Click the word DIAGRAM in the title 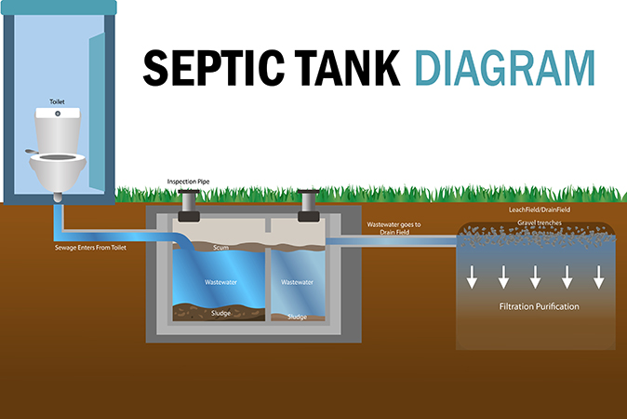coord(505,68)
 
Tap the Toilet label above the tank coord(57,101)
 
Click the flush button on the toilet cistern coord(58,114)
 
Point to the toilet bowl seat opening coord(58,157)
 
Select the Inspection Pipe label coord(188,182)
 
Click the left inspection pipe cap coord(189,192)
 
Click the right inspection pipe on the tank coord(308,205)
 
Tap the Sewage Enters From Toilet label coord(90,248)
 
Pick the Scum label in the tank coord(220,248)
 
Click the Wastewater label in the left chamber coord(220,282)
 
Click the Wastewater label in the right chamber coord(297,282)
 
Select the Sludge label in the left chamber coord(220,313)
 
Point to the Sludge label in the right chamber coord(297,317)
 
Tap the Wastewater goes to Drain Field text coord(394,228)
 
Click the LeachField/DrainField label coord(540,209)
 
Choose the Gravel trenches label coord(540,223)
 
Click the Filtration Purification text coord(539,306)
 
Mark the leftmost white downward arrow coord(472,277)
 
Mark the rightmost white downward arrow coord(598,277)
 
